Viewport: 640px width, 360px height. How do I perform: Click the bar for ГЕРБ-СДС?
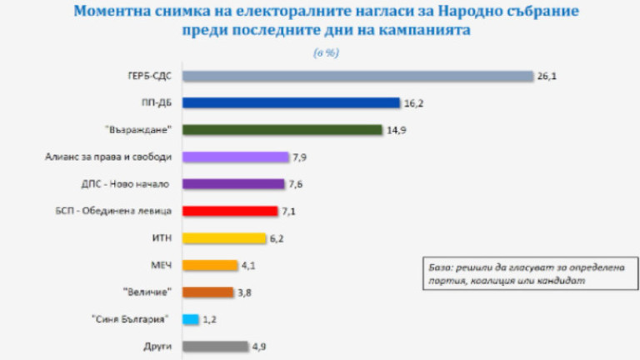tap(357, 77)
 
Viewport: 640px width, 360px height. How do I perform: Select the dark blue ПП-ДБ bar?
tap(291, 103)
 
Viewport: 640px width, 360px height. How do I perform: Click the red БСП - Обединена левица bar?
tap(229, 211)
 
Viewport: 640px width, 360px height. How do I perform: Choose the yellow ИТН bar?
tap(223, 238)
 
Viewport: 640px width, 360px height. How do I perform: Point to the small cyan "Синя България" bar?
tap(190, 319)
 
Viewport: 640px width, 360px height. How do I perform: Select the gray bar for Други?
tap(215, 346)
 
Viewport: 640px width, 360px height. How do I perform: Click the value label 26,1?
tap(546, 77)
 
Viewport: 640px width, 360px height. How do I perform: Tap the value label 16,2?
tap(413, 103)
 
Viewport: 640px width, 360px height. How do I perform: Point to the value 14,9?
tap(396, 130)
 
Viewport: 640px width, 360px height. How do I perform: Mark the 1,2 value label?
tap(212, 319)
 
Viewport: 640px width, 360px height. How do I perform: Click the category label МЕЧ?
tap(162, 265)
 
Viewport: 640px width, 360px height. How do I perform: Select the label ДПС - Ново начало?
tap(136, 184)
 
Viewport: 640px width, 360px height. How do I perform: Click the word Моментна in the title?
tap(112, 12)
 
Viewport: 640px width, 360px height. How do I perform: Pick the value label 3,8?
tap(247, 292)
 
